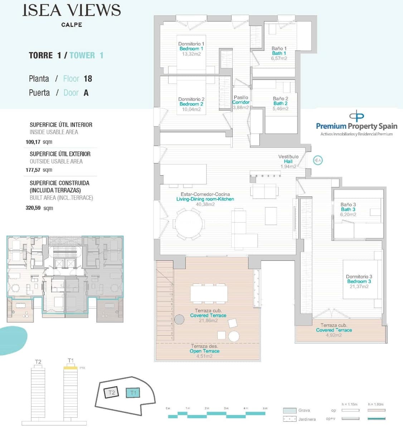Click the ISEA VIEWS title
tap(72, 10)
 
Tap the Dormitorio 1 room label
tap(191, 44)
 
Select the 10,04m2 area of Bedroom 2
tap(191, 109)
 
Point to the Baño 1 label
tap(279, 48)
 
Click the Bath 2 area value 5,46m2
tap(280, 109)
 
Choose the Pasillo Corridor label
tap(241, 100)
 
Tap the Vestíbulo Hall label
tap(288, 159)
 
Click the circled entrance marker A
tap(317, 160)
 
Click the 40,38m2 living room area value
tap(205, 204)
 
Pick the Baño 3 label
tap(348, 205)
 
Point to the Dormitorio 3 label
tap(359, 277)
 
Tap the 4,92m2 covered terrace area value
tap(334, 335)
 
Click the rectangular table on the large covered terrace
tap(209, 294)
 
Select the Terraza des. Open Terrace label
tap(204, 349)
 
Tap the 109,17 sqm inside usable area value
tap(39, 142)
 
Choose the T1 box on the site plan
tap(133, 393)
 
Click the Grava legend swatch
tap(289, 411)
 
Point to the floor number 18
tap(88, 78)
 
